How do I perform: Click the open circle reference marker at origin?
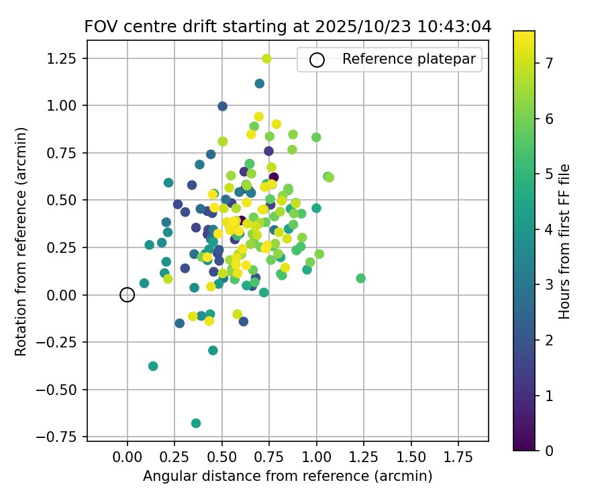coord(128,294)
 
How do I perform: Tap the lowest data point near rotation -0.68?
coord(196,423)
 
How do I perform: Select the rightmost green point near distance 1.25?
coord(361,278)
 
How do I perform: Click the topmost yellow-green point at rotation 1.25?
coord(266,58)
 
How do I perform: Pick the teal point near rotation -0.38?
coord(153,366)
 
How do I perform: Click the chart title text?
coord(288,27)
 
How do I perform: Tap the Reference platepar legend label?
coord(409,59)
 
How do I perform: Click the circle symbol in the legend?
coord(317,60)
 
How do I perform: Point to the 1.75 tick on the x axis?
coord(458,456)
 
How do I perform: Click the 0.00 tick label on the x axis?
coord(128,456)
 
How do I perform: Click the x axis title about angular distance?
coord(287,476)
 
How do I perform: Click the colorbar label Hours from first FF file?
coord(564,241)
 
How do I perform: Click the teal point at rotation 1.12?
coord(260,84)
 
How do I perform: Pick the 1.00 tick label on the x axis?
coord(317,456)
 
